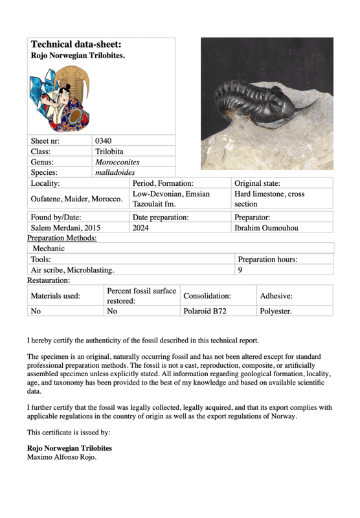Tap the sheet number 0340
104,141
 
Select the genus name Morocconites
117,162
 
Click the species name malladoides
114,173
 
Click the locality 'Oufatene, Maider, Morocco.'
77,198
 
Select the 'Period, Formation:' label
163,183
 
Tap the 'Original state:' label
257,183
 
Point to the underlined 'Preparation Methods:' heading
62,238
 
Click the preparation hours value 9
240,269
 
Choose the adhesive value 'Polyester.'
276,311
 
